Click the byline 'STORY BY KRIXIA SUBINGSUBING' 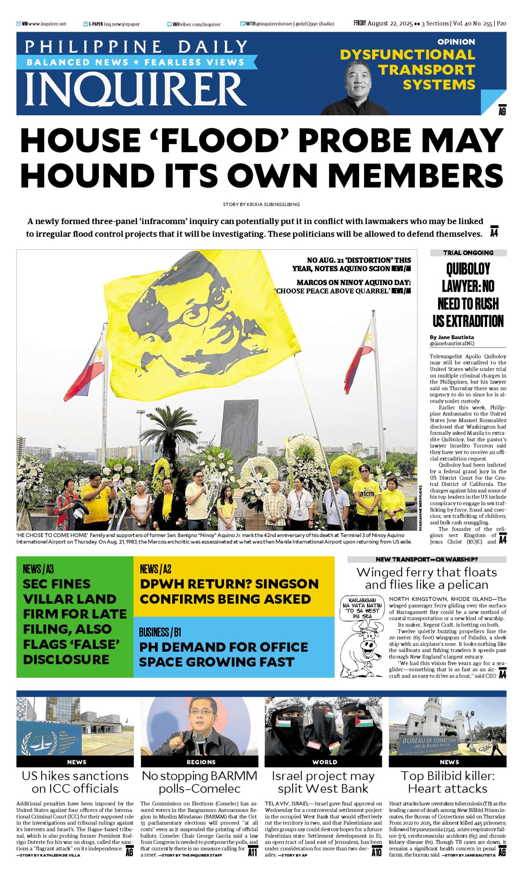(261, 204)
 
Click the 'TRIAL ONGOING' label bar (468, 253)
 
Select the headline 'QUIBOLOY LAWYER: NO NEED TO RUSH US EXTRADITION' (468, 295)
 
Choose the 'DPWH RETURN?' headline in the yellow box (229, 592)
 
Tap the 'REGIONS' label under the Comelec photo (201, 761)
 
